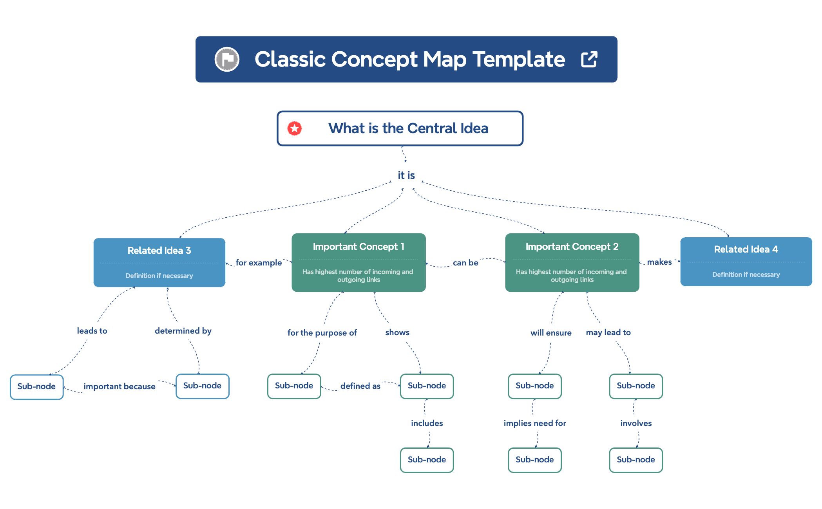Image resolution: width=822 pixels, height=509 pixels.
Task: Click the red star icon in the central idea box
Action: [294, 128]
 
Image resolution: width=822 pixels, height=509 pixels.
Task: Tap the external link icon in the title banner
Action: [589, 60]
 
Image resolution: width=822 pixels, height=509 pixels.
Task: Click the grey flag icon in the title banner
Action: [227, 60]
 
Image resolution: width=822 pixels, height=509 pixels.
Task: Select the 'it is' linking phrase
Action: [406, 175]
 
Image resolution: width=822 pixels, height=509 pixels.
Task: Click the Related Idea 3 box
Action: [159, 262]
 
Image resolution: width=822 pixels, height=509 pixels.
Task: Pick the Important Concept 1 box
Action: [358, 262]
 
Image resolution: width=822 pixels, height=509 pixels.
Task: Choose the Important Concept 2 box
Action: [572, 262]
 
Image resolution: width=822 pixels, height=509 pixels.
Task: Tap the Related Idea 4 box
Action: [746, 262]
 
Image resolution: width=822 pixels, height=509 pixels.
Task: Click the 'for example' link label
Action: [259, 263]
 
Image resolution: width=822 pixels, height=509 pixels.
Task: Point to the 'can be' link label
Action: [465, 263]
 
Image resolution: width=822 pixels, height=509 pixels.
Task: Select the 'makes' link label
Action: [659, 262]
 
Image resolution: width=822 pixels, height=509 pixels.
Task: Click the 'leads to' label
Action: [92, 331]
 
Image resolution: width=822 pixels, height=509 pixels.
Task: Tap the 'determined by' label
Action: [183, 331]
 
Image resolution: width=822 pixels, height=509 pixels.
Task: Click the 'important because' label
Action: [119, 386]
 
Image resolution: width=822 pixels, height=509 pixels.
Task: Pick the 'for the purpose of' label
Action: [322, 333]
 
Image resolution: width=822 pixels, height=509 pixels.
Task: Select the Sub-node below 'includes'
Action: [427, 460]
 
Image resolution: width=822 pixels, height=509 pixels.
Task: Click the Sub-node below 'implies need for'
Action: [534, 460]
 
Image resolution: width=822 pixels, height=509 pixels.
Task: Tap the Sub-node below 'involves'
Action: [636, 460]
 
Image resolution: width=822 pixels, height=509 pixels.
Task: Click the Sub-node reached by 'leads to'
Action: [36, 387]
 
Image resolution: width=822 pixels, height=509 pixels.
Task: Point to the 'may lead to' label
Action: [608, 332]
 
